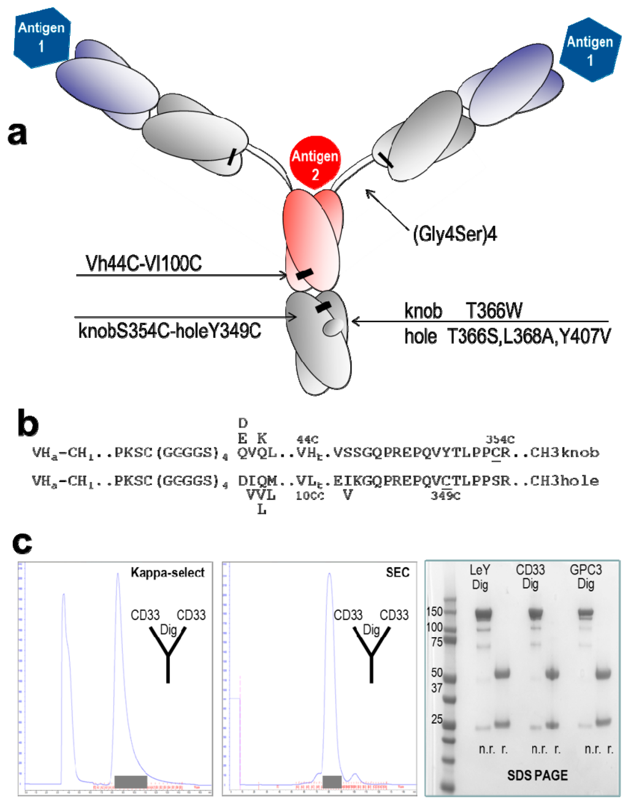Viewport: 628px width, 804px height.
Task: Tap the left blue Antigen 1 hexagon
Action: tap(42, 37)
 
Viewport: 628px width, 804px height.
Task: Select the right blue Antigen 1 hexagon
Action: tap(589, 50)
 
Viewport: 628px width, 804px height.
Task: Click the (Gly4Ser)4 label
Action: tap(454, 234)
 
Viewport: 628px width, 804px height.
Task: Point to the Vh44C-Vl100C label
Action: tap(144, 264)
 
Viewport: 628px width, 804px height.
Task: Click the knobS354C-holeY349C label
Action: tap(169, 331)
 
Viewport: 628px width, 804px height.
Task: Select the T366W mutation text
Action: tap(494, 311)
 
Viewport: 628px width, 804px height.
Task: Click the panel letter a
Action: tap(17, 132)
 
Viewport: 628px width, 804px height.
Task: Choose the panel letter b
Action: tap(28, 424)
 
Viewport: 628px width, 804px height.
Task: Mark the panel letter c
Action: tap(22, 542)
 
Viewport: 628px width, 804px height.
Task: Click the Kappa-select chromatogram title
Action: tap(167, 573)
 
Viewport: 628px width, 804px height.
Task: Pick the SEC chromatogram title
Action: tap(397, 572)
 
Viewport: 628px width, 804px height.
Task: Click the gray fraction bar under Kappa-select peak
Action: tap(131, 781)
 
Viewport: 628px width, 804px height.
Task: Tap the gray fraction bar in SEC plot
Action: tap(332, 781)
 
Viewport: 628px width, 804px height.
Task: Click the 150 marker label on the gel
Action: tap(434, 611)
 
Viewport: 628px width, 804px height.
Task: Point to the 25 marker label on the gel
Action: tap(437, 719)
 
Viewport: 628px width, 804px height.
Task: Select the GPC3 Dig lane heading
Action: tap(586, 576)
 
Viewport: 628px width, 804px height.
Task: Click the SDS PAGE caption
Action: tap(537, 775)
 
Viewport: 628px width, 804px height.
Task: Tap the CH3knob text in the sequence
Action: tap(564, 453)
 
